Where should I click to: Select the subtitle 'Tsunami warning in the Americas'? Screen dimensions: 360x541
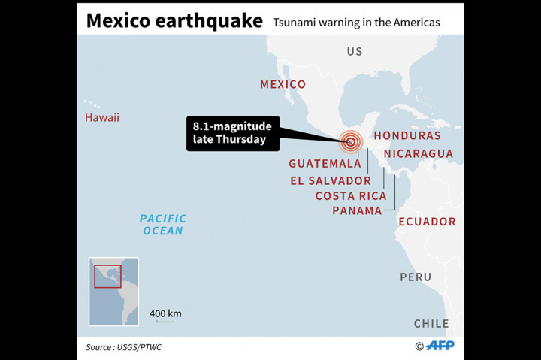pyautogui.click(x=356, y=23)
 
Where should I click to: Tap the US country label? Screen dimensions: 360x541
pyautogui.click(x=355, y=51)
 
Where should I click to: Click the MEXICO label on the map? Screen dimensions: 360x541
pyautogui.click(x=283, y=84)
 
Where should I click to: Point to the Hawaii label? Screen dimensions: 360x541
pyautogui.click(x=101, y=117)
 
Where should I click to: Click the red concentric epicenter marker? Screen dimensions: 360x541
pyautogui.click(x=350, y=141)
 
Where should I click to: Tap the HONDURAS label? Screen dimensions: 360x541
pyautogui.click(x=407, y=135)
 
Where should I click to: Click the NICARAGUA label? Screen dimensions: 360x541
pyautogui.click(x=419, y=153)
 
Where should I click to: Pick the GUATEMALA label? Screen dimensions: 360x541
pyautogui.click(x=325, y=163)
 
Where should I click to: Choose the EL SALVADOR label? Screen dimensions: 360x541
pyautogui.click(x=331, y=180)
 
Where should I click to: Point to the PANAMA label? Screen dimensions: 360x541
pyautogui.click(x=358, y=210)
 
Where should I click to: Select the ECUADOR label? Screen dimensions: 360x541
pyautogui.click(x=427, y=221)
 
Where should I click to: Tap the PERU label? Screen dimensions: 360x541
pyautogui.click(x=416, y=277)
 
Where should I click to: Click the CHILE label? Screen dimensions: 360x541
pyautogui.click(x=431, y=323)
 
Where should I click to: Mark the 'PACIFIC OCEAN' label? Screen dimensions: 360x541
pyautogui.click(x=163, y=224)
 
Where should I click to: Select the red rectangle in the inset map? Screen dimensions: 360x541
pyautogui.click(x=107, y=276)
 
